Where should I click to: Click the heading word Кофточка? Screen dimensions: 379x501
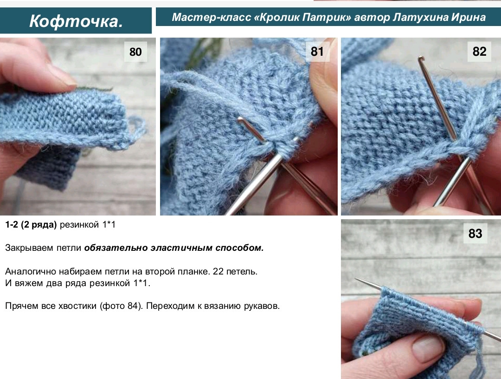pos(76,21)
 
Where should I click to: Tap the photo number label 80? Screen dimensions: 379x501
pos(135,52)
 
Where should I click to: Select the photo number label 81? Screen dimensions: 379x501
pos(317,52)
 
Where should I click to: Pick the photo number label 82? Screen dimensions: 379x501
pos(479,52)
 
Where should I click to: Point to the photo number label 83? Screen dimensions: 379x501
pos(475,234)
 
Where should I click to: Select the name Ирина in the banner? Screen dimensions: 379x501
pos(469,18)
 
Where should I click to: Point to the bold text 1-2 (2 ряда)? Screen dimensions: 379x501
pos(31,225)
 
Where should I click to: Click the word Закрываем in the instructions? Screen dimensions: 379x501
pos(26,248)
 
